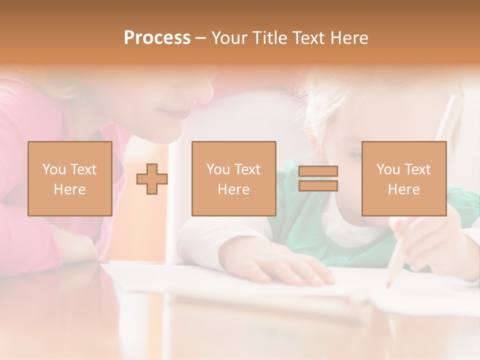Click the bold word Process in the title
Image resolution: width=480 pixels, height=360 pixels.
click(x=157, y=38)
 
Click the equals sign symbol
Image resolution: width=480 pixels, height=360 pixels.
click(x=318, y=178)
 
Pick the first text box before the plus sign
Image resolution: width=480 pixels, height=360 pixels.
click(x=69, y=178)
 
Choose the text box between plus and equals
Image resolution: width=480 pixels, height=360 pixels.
click(x=233, y=178)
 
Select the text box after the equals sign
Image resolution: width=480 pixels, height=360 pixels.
click(x=403, y=178)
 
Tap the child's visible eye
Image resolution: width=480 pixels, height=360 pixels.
click(x=355, y=156)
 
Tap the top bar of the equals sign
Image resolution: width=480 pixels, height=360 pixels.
click(x=318, y=171)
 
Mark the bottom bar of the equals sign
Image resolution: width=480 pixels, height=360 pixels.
click(x=318, y=186)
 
